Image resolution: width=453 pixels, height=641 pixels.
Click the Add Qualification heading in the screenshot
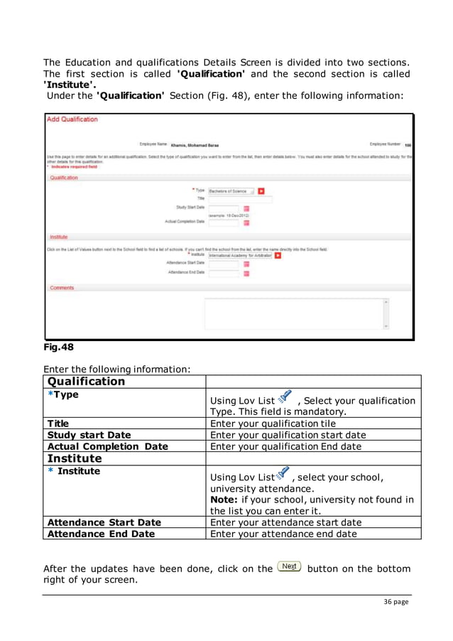(x=72, y=119)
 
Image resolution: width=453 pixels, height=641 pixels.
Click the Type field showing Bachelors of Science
(x=231, y=191)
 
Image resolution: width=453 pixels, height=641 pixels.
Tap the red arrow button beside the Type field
(x=261, y=191)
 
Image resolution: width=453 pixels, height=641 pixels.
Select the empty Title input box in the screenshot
(x=240, y=200)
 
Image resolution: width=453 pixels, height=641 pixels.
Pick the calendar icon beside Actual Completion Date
(x=246, y=222)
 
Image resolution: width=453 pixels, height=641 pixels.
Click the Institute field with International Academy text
(x=240, y=256)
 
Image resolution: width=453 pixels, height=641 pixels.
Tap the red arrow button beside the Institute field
(x=278, y=256)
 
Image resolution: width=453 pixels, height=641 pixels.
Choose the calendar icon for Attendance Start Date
(x=246, y=264)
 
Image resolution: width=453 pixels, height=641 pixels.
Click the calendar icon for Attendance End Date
(x=246, y=273)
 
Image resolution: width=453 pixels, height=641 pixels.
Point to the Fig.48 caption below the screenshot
(x=58, y=348)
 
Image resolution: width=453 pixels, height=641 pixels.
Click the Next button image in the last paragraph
(x=290, y=567)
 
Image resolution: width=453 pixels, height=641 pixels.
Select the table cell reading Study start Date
(x=89, y=435)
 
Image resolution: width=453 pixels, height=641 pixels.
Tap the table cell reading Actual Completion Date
(x=107, y=446)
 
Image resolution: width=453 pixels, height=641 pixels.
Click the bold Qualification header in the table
(x=85, y=382)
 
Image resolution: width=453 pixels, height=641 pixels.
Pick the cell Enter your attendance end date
(x=284, y=534)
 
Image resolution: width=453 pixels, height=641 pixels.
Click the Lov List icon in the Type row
(x=285, y=397)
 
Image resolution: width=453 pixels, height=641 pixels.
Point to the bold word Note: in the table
(x=226, y=500)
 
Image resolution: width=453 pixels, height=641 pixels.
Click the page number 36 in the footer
(x=388, y=602)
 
